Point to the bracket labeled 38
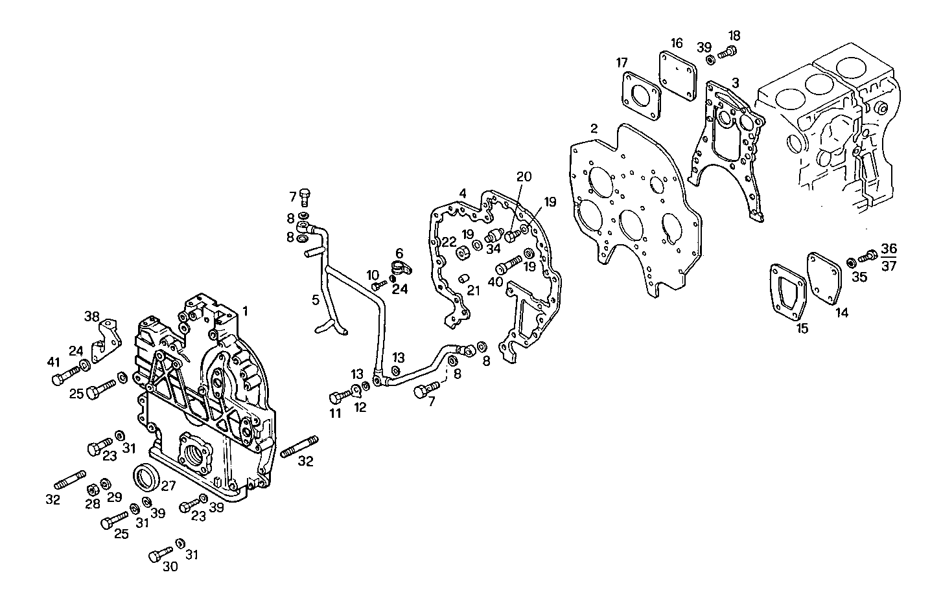point(104,341)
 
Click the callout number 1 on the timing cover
point(246,312)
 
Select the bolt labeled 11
point(340,396)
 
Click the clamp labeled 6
point(402,267)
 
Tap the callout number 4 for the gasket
point(462,193)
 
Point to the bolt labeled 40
point(509,266)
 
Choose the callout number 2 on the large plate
point(594,129)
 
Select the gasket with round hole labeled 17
point(640,95)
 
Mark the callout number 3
point(735,82)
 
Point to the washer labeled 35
point(852,262)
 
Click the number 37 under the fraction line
point(889,266)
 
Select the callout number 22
point(450,242)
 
